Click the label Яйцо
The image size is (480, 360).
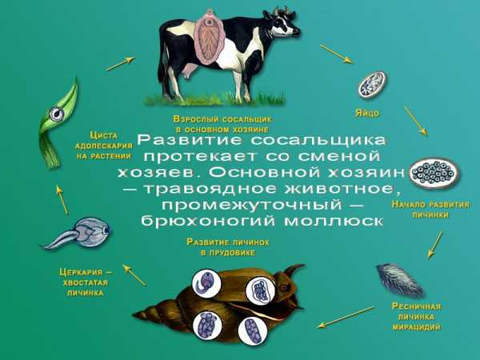[367, 114]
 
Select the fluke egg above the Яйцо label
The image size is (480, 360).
[372, 85]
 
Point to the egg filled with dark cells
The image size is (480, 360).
[434, 173]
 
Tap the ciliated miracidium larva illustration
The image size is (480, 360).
[399, 279]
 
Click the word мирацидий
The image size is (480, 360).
[416, 327]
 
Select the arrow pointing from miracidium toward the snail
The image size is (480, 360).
[346, 317]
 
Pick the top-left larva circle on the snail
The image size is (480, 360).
[207, 283]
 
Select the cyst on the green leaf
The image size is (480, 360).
[57, 114]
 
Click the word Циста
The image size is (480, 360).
[103, 135]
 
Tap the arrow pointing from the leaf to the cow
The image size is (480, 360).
[120, 64]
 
